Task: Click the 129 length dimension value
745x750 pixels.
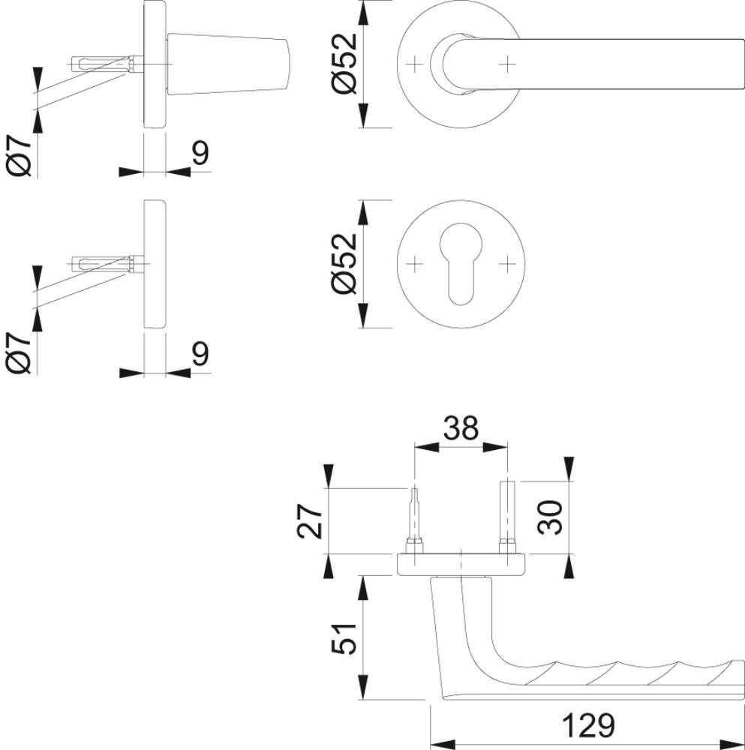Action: click(x=588, y=725)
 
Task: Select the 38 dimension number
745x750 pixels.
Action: click(x=461, y=428)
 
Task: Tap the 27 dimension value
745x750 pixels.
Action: click(x=310, y=521)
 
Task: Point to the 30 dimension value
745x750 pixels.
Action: click(x=550, y=517)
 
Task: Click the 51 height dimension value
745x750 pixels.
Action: click(x=344, y=638)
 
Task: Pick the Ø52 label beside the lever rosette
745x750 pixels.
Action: click(x=344, y=64)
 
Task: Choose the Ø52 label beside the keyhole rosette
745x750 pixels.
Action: click(x=344, y=263)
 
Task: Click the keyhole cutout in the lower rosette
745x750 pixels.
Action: click(x=461, y=263)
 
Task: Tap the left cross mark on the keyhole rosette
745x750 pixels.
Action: click(x=415, y=263)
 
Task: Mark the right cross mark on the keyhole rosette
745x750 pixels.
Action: click(x=506, y=263)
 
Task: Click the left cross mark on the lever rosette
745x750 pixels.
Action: click(x=415, y=64)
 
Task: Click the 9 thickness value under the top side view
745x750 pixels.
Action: click(x=201, y=153)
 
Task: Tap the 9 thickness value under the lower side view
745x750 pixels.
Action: click(x=201, y=354)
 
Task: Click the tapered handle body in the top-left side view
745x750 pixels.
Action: click(x=228, y=64)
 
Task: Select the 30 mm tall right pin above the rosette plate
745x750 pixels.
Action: click(x=506, y=517)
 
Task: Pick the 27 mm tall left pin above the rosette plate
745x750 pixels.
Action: click(x=414, y=521)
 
